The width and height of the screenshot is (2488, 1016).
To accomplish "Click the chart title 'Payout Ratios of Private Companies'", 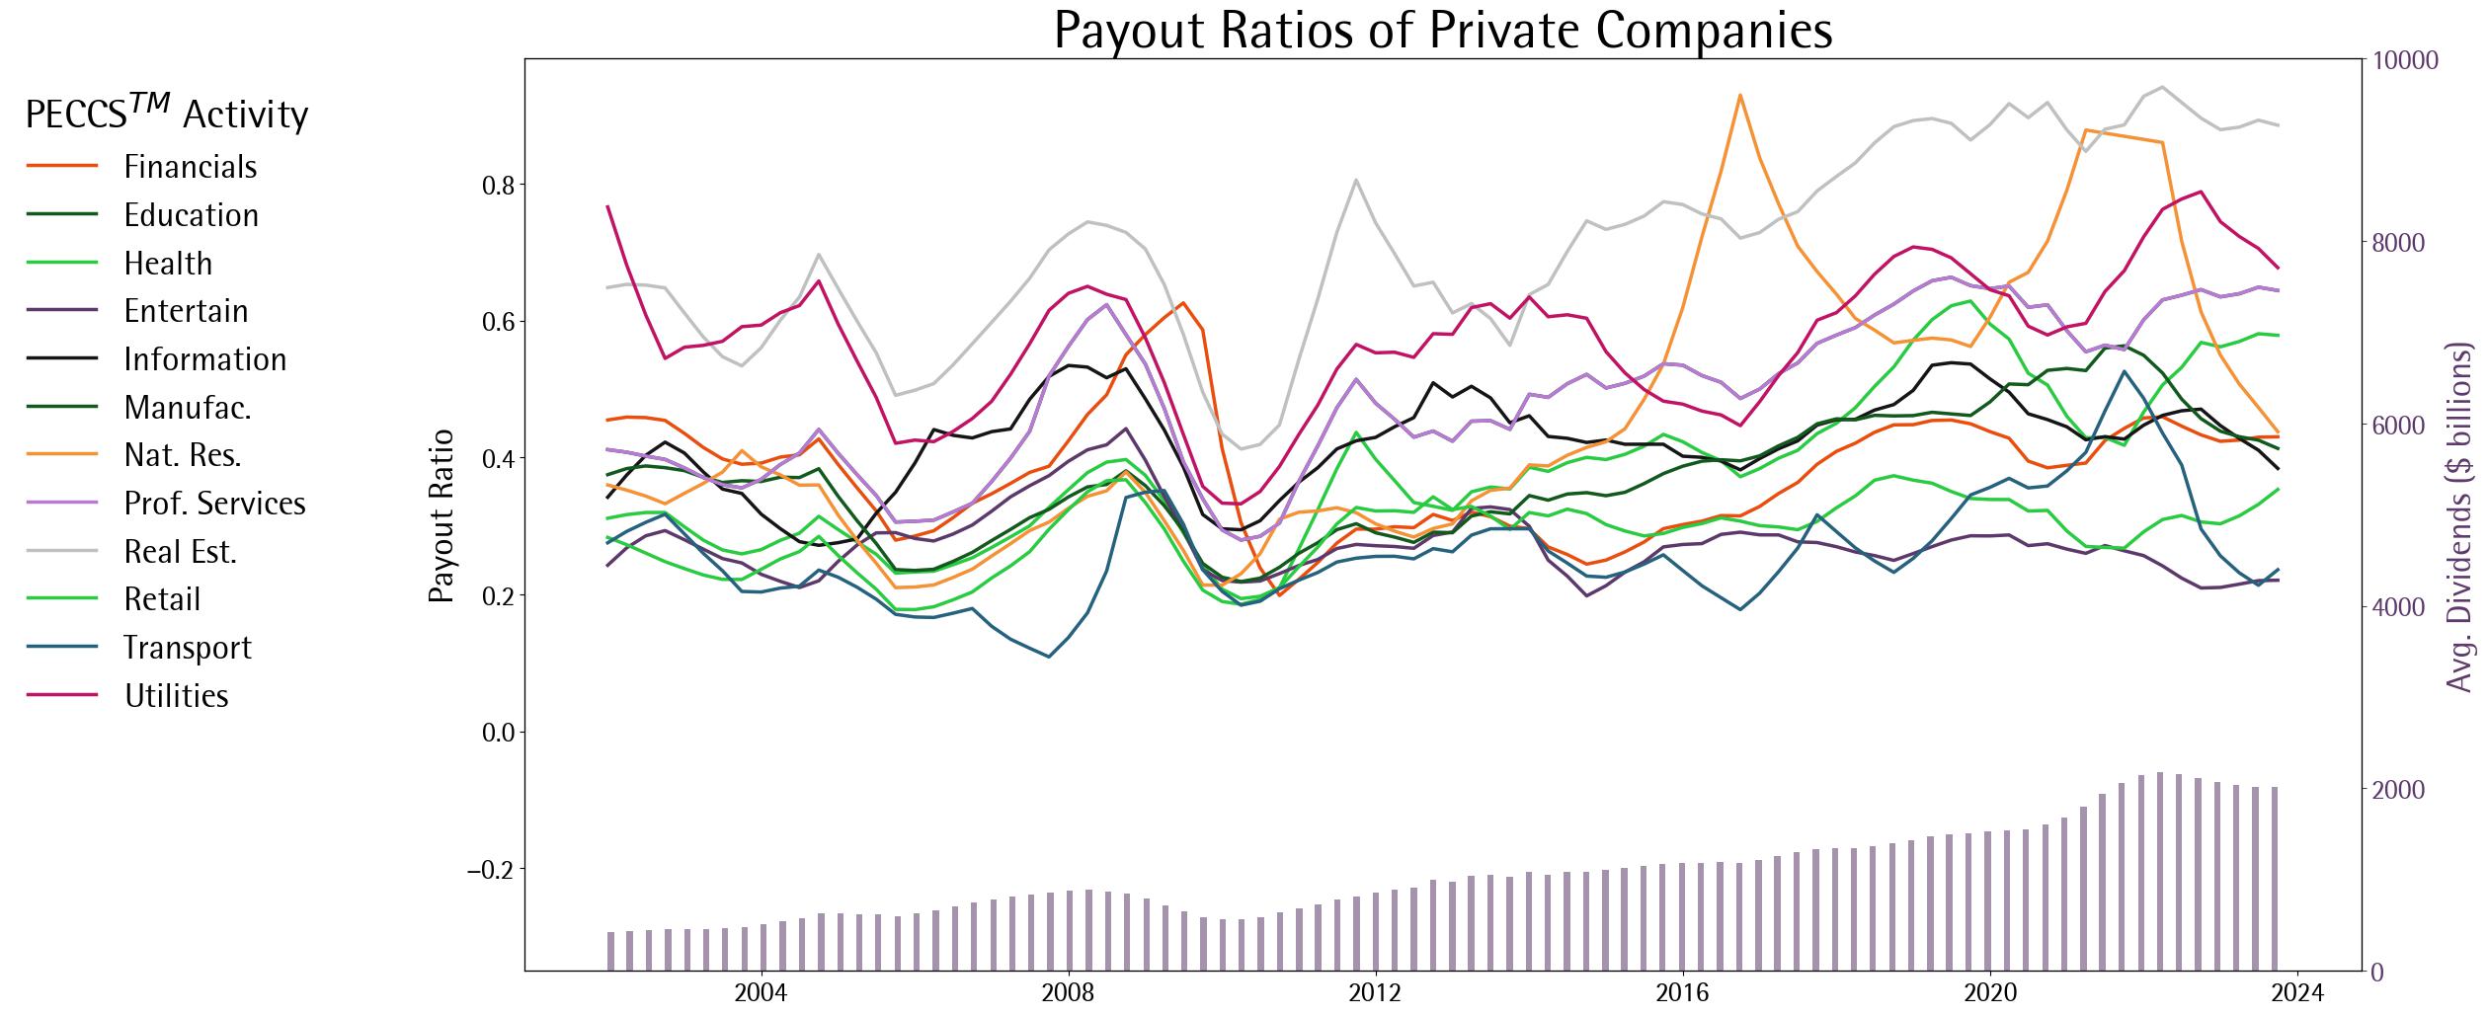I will point(1442,30).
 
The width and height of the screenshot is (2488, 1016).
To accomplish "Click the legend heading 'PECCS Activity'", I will point(166,115).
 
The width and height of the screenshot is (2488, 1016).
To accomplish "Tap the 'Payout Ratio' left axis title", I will point(441,514).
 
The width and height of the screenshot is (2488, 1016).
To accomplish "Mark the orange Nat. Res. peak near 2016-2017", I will point(1739,95).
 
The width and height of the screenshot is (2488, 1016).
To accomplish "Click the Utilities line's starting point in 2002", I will point(608,206).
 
